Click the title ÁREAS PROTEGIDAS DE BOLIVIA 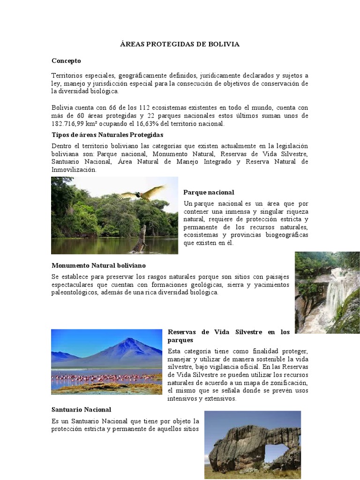[x=180, y=44]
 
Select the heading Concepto [x=66, y=61]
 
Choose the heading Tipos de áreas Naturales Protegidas [x=107, y=135]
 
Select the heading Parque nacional [x=209, y=193]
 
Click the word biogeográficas [x=285, y=235]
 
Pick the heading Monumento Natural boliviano [x=98, y=266]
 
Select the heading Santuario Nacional [x=81, y=410]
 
